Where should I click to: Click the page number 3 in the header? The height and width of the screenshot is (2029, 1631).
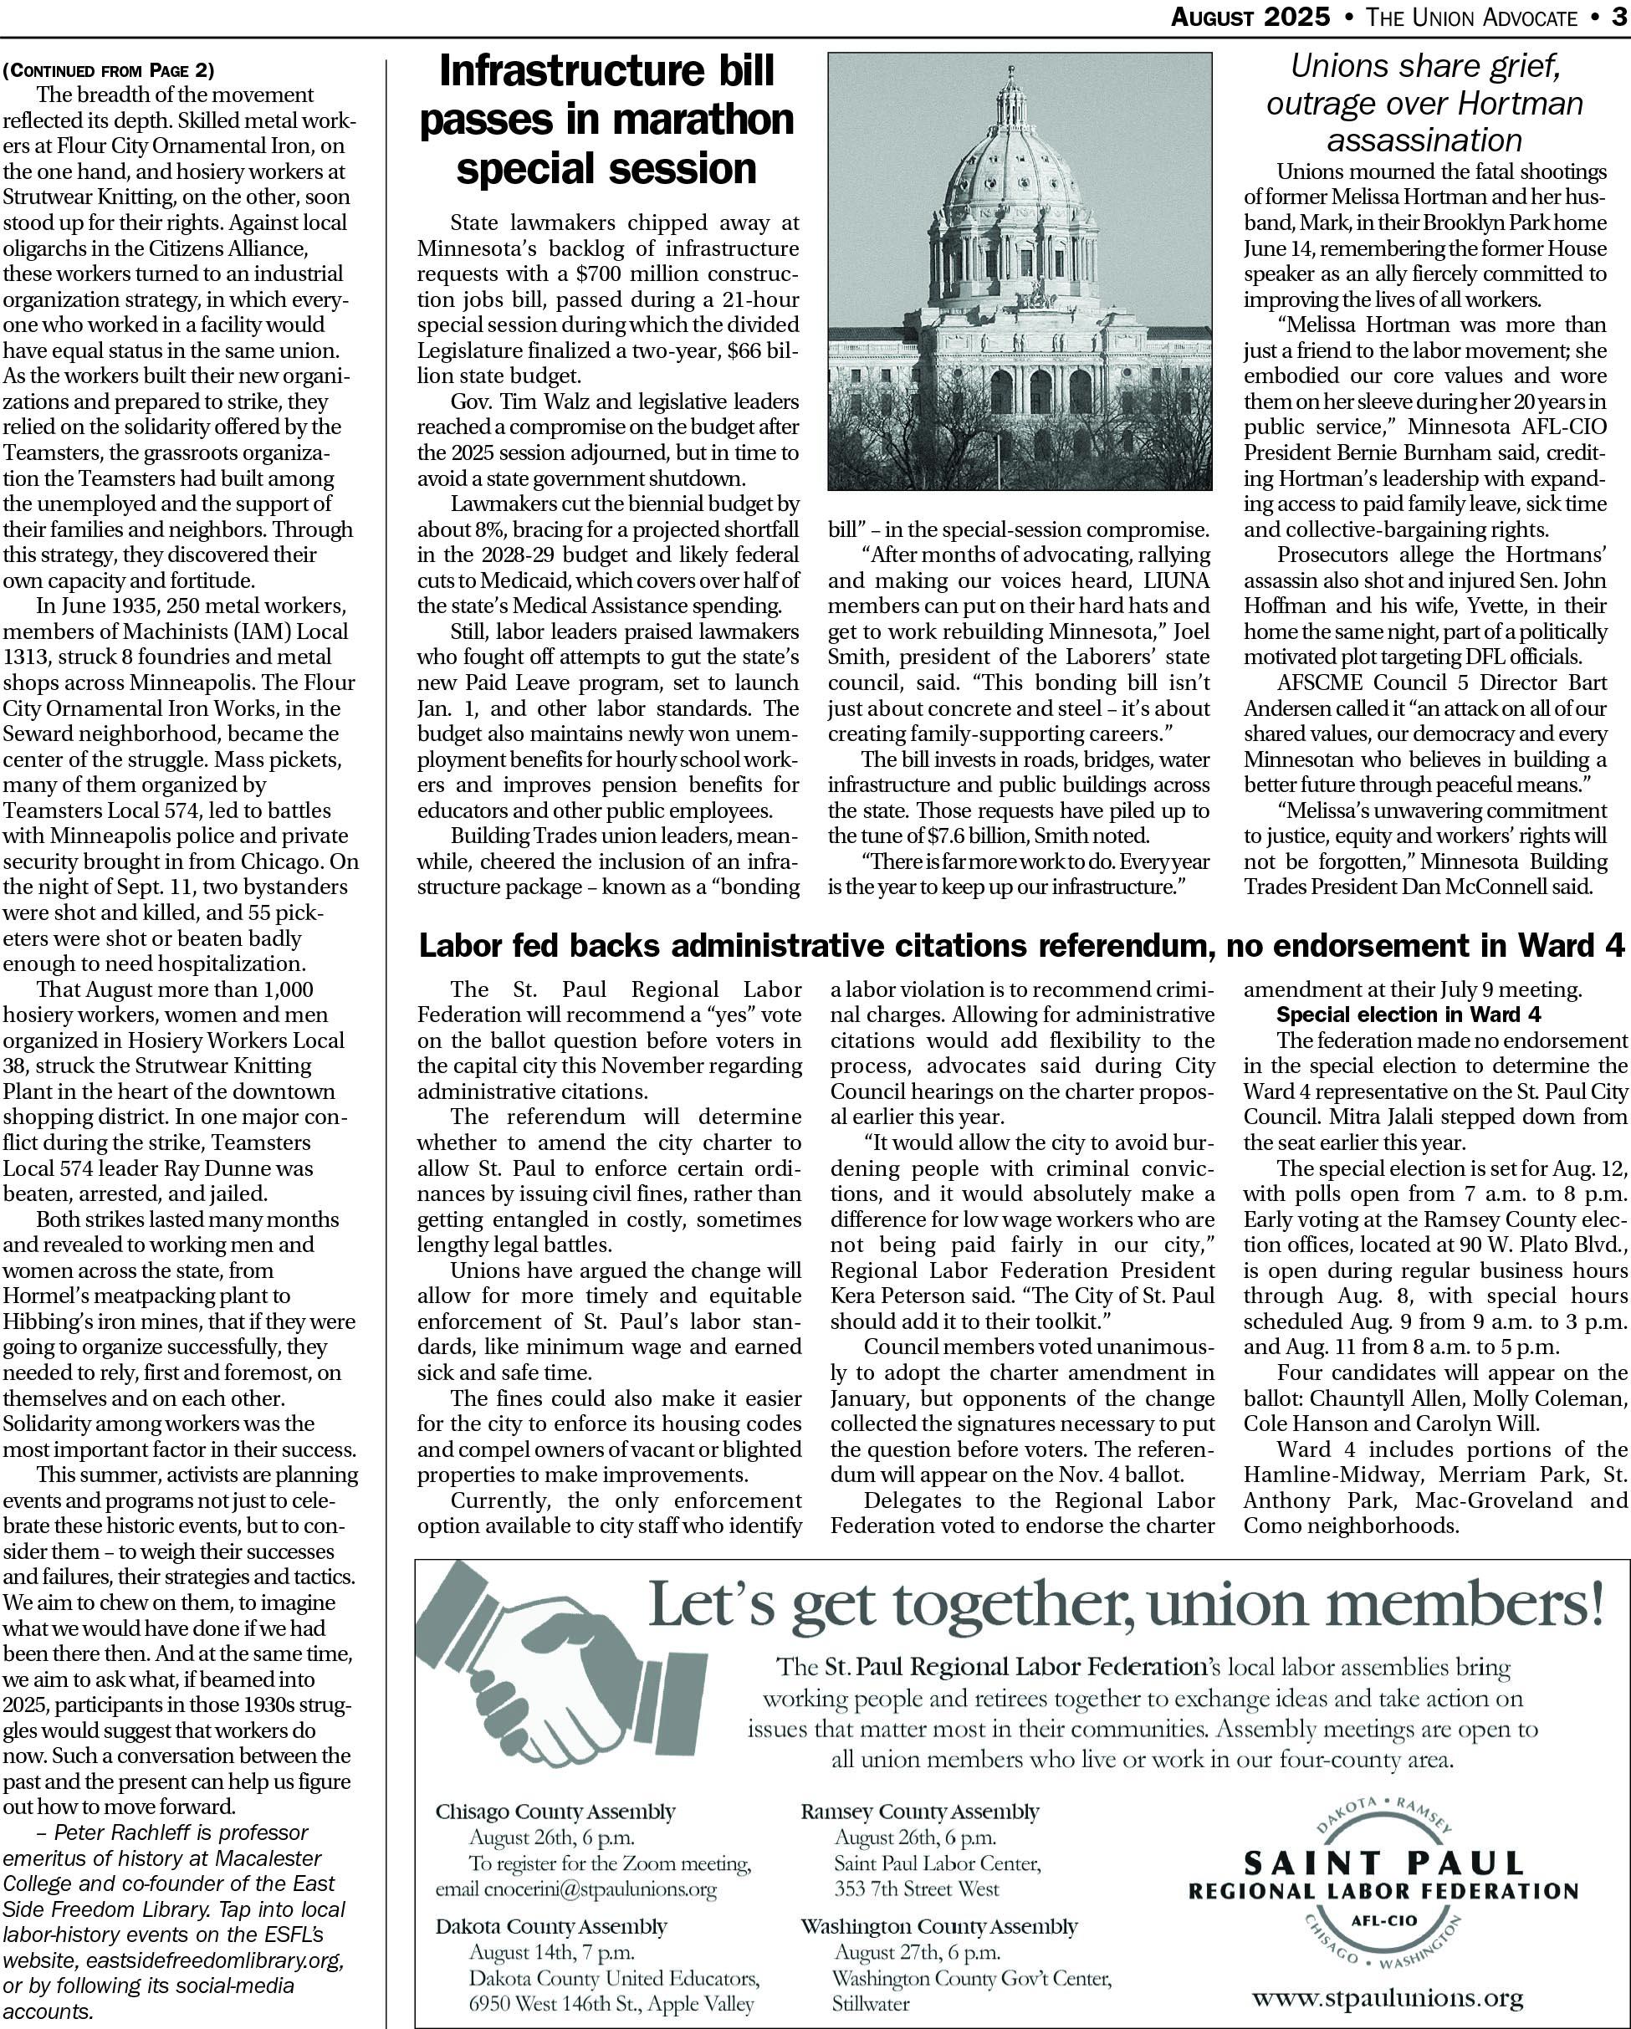[1618, 17]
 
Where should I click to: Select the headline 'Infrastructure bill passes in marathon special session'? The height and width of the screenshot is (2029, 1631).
[607, 120]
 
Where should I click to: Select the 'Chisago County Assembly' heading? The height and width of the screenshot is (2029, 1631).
[555, 1811]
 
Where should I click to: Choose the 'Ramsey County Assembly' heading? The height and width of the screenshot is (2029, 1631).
[919, 1811]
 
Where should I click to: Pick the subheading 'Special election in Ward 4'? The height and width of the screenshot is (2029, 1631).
[1408, 1015]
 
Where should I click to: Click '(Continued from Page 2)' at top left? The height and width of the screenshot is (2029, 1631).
[108, 69]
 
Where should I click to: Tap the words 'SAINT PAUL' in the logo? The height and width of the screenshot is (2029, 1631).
[1383, 1863]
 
